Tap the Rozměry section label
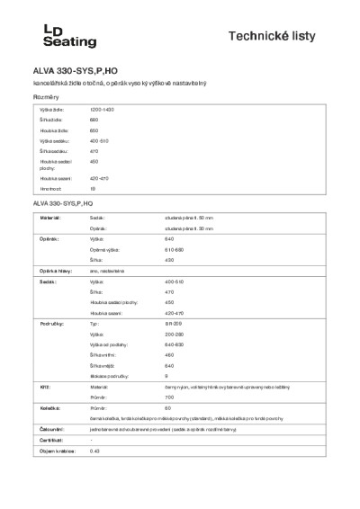[x=45, y=96]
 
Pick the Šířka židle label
[x=50, y=119]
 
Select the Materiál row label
[x=49, y=218]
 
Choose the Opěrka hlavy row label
[x=55, y=270]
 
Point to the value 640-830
[x=175, y=344]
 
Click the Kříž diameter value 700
[x=169, y=396]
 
